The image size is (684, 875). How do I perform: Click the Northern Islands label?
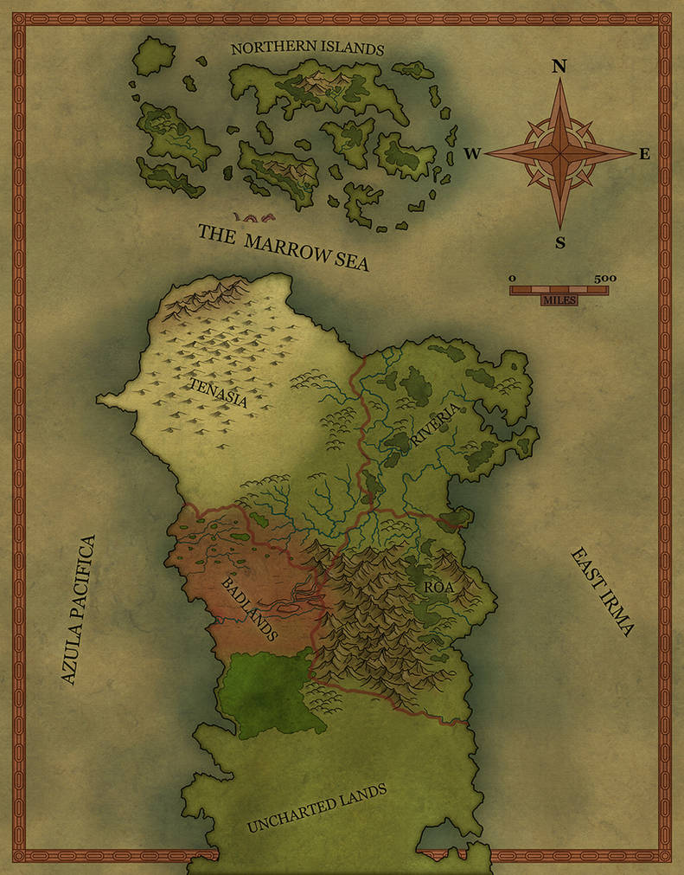coord(307,49)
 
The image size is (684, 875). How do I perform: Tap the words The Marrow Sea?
coord(283,248)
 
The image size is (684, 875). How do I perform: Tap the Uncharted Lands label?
coord(316,808)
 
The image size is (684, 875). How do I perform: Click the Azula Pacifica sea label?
coord(79,609)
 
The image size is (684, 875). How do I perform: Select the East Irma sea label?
coord(602,592)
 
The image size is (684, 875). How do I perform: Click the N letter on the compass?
coord(559,66)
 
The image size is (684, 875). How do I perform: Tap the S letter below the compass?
coord(560,243)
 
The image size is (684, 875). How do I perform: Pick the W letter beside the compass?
coord(471,154)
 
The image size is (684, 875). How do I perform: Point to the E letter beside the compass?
coord(644,154)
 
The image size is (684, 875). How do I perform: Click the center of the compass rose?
coord(559,153)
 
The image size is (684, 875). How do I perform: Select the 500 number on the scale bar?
coord(605,278)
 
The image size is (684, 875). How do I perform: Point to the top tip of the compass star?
coord(559,80)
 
